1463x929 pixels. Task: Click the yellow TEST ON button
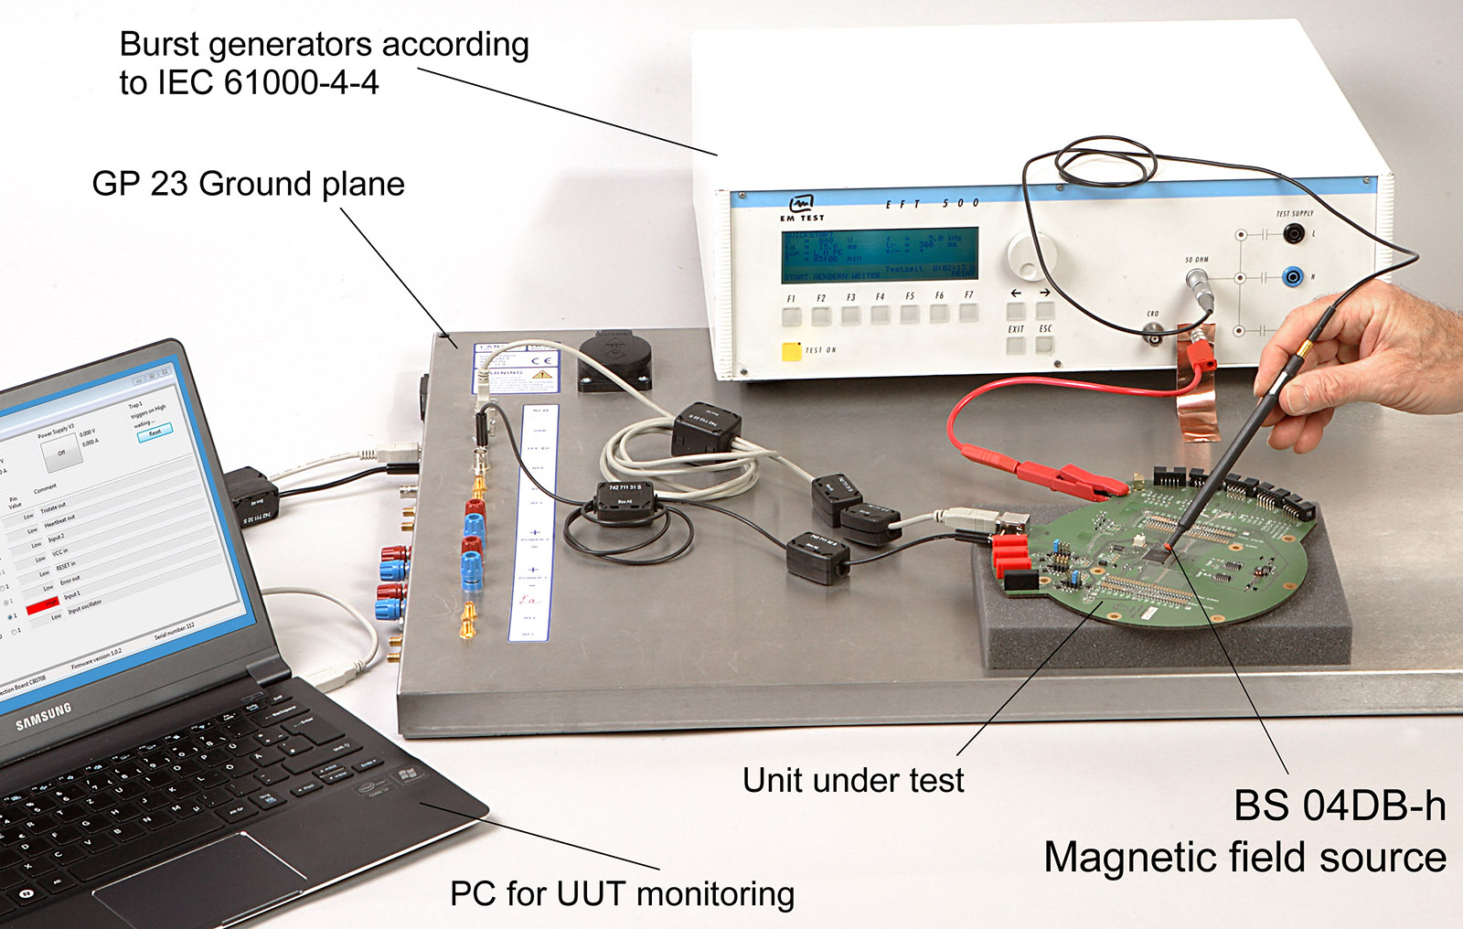point(791,351)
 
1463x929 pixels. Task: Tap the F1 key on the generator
point(792,316)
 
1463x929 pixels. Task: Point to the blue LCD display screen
point(879,255)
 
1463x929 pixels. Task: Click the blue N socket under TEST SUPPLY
point(1292,275)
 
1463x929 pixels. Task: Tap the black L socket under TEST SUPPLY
point(1292,235)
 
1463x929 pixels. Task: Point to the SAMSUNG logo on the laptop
point(43,716)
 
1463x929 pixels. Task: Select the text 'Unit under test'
point(853,780)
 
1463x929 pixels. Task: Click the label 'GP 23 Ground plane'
point(248,184)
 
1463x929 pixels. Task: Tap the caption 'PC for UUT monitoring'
point(622,893)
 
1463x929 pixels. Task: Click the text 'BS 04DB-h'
point(1340,806)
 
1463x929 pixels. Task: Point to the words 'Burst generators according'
point(324,44)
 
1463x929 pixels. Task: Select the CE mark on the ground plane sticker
point(541,360)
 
